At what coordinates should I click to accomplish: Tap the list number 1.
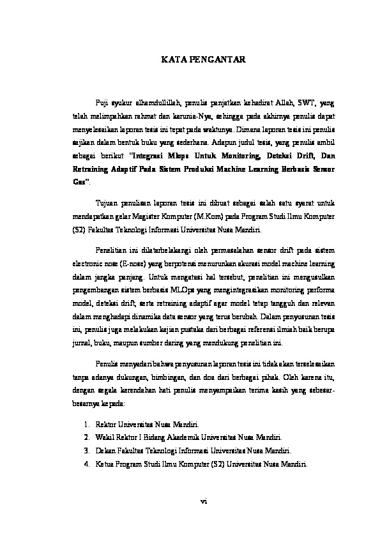(87, 425)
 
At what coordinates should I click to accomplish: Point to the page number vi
(204, 502)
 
